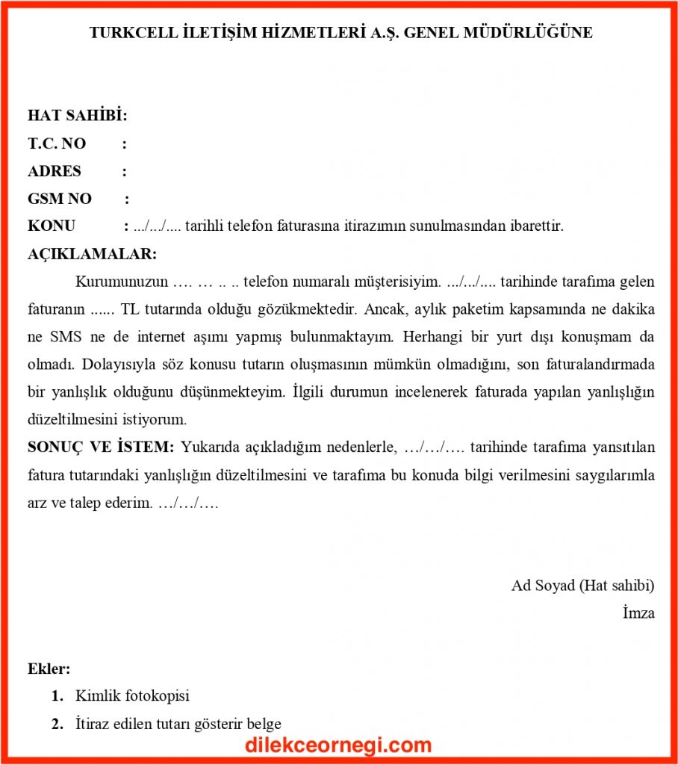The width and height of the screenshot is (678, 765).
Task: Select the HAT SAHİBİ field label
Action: pos(77,116)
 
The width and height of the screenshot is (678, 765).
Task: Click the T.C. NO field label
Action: pos(57,143)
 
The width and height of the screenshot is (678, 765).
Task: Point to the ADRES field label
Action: pos(55,171)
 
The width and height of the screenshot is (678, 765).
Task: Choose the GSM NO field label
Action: pos(60,199)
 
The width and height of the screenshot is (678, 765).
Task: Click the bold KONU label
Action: pos(52,226)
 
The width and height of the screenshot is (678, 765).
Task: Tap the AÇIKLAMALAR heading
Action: pos(92,253)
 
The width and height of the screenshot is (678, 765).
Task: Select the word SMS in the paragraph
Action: pos(66,336)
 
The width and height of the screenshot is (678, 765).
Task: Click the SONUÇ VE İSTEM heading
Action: pos(101,447)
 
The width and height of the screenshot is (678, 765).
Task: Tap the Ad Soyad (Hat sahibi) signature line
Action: pos(582,585)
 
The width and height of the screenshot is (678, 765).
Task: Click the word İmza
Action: pos(638,613)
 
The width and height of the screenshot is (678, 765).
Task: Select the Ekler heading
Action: pos(49,669)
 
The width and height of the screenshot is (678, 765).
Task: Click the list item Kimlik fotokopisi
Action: pos(132,696)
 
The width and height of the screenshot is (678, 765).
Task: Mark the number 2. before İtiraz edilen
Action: pos(57,724)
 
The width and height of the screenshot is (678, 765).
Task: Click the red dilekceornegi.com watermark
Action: pos(338,745)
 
